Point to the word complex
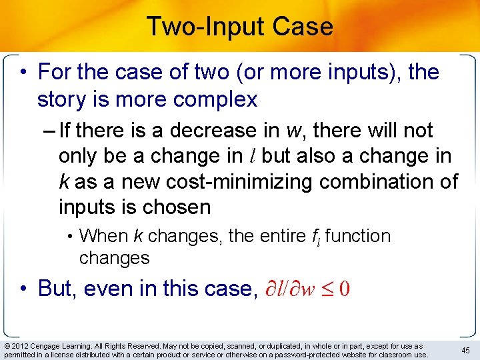coord(215,100)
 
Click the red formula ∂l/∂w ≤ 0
coord(304,289)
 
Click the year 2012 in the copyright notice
coord(21,346)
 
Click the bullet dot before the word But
coord(23,289)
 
